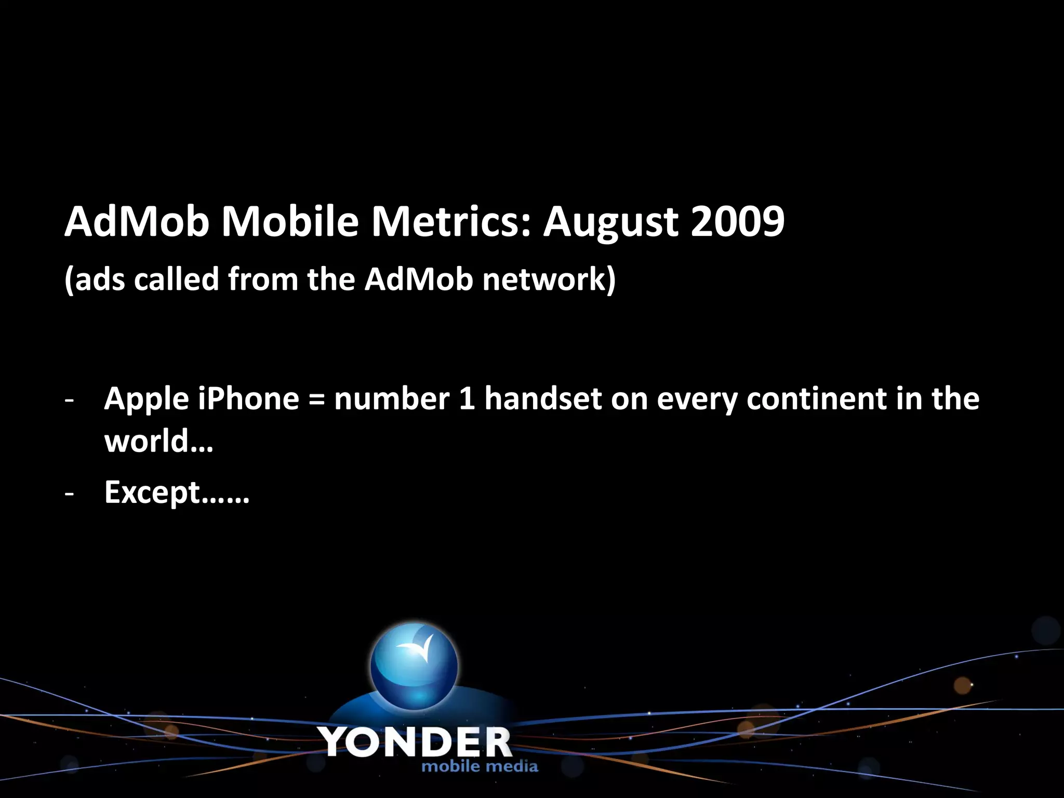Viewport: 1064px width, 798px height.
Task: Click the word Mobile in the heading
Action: pos(290,222)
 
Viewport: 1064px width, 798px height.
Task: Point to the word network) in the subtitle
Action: pos(549,280)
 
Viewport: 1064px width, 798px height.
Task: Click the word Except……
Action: pos(177,493)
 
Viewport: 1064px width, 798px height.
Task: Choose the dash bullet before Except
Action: pos(69,494)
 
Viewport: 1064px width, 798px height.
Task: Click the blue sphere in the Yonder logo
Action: pos(414,667)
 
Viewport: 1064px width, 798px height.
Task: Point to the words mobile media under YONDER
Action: pos(480,766)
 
